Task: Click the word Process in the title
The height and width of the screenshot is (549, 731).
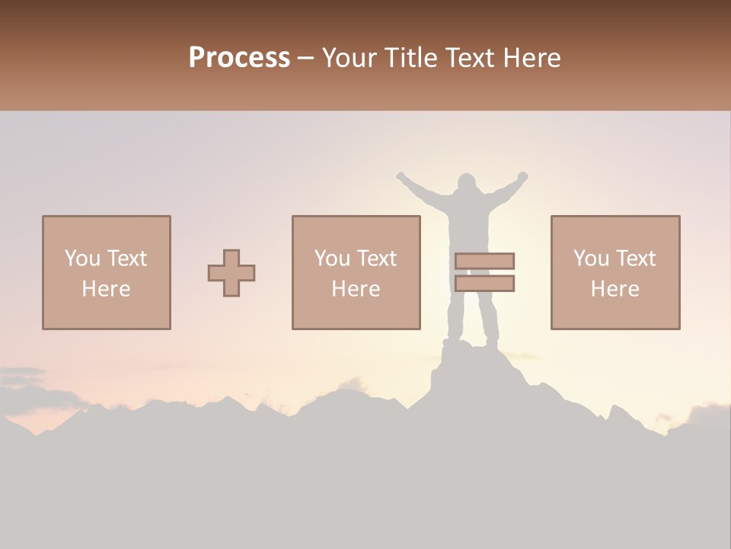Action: point(239,58)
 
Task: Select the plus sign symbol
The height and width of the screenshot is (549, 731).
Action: point(231,273)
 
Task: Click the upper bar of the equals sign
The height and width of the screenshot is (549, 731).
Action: point(484,261)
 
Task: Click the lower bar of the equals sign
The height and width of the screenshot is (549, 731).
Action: point(484,284)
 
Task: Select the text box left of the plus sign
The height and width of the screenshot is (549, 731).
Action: point(107,273)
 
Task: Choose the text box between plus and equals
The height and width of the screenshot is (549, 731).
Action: point(356,273)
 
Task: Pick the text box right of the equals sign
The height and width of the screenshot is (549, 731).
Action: point(615,273)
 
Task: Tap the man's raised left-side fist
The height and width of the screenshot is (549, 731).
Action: point(401,178)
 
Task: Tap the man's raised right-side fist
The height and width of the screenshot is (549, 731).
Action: point(522,176)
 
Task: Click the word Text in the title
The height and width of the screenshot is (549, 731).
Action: point(468,58)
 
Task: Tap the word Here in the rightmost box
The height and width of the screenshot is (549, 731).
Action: point(615,289)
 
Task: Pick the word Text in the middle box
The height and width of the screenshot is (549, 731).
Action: point(377,258)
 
